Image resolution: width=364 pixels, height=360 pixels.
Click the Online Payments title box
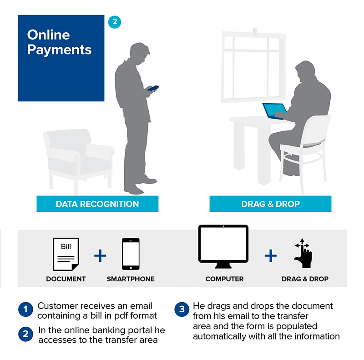coord(61,58)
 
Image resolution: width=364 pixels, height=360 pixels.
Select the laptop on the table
coord(274,111)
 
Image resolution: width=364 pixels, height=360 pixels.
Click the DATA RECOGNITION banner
coord(97,204)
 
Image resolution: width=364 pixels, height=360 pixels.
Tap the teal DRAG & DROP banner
coord(270,204)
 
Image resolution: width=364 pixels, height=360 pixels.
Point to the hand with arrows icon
coord(303,255)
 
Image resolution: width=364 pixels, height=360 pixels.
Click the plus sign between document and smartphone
coord(100,255)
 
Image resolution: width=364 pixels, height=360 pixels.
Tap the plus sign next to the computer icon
coord(271,255)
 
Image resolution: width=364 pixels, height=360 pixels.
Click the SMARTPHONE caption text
coord(131,279)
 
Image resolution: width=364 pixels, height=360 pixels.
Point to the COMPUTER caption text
coord(224,279)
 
